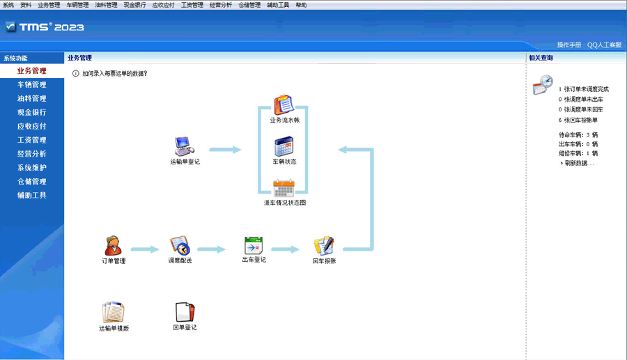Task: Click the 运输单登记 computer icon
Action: coord(184,146)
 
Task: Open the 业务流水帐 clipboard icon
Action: coord(284,105)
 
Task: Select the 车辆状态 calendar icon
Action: coord(284,146)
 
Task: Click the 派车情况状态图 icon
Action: coord(284,188)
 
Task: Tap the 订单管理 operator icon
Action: coord(113,245)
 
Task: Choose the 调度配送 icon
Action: coord(180,245)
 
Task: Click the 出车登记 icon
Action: coord(254,245)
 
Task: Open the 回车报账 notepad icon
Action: coord(324,245)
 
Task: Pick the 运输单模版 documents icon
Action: coord(113,312)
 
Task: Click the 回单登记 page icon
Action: coord(185,312)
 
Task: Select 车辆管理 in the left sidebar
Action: coord(31,85)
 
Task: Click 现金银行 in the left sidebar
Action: coord(31,112)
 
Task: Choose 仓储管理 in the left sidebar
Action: coord(31,182)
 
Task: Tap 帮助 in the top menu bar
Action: coord(301,5)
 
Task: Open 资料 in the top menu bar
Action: coord(26,5)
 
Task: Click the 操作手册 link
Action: coord(569,45)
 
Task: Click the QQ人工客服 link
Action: coord(604,45)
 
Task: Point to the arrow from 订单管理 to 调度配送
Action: coord(145,249)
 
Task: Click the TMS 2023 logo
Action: coord(45,26)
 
